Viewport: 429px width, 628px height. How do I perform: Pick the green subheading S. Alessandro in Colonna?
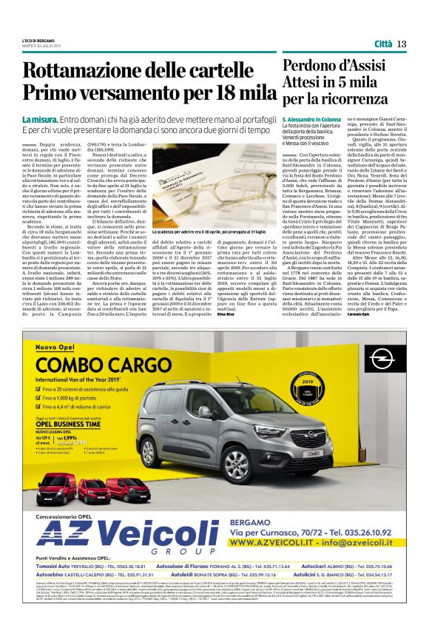[x=321, y=119]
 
